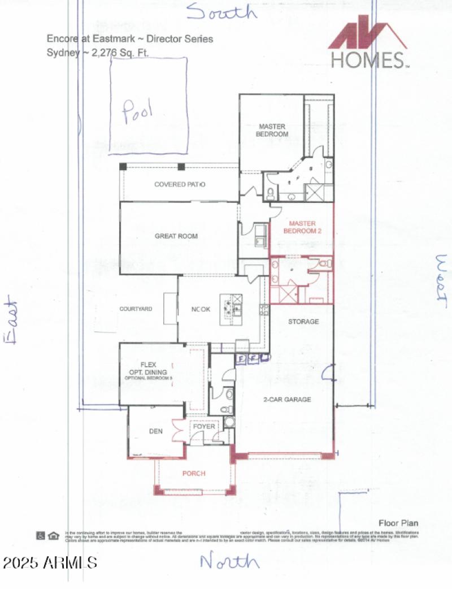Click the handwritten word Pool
click(x=138, y=110)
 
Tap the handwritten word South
click(x=221, y=11)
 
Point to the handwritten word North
click(x=229, y=561)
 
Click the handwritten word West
click(x=441, y=281)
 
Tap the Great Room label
click(x=176, y=236)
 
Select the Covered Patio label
click(x=180, y=185)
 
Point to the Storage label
click(x=303, y=322)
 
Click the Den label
click(x=156, y=431)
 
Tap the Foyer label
click(x=204, y=427)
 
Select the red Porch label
click(x=193, y=473)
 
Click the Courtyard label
click(x=136, y=309)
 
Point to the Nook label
click(x=201, y=310)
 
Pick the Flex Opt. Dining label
click(x=147, y=368)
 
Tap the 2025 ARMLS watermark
click(x=50, y=562)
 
